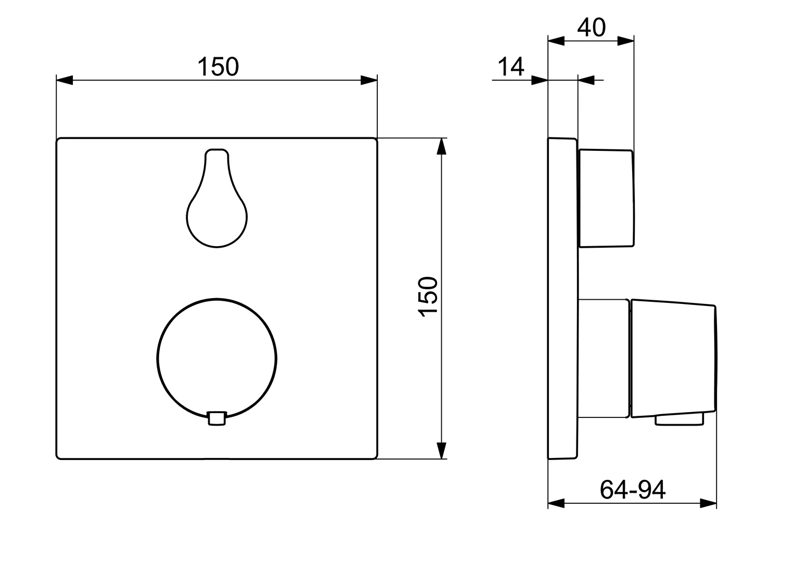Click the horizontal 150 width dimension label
click(x=218, y=67)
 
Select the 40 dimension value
click(x=592, y=27)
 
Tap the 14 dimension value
click(x=511, y=67)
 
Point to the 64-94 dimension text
click(x=632, y=490)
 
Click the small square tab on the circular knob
click(x=217, y=418)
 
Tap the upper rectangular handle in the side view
click(x=606, y=198)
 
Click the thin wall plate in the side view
click(x=562, y=299)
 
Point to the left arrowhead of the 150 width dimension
click(x=65, y=80)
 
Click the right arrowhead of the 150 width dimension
click(x=369, y=80)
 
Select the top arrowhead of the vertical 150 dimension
click(x=441, y=147)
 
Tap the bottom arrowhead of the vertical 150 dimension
click(x=441, y=450)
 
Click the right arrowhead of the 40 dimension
click(x=625, y=41)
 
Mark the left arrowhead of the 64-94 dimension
click(x=557, y=503)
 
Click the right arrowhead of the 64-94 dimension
click(x=708, y=503)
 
